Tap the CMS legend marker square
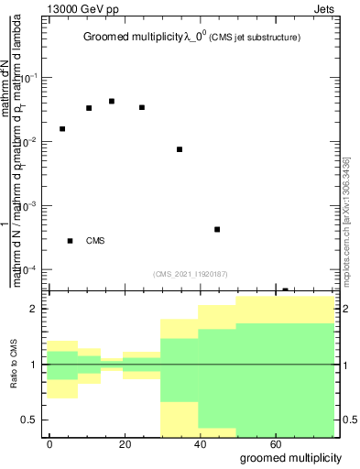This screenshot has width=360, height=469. click(71, 241)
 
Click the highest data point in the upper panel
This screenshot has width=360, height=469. click(112, 101)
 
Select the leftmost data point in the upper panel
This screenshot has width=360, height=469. click(62, 129)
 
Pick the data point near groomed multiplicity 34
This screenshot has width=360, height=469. click(180, 149)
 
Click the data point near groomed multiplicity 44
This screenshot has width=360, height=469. click(217, 229)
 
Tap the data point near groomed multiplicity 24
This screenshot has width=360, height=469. click(142, 107)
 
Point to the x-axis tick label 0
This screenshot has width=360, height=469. click(50, 443)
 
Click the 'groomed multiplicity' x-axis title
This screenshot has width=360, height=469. click(290, 457)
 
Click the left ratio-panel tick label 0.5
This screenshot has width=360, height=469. click(28, 420)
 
